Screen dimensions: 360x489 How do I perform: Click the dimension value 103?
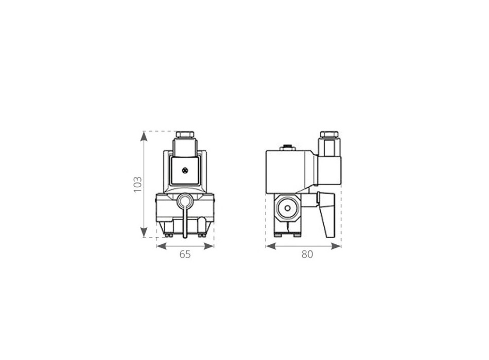click(x=137, y=184)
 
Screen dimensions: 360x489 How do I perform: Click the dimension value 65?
click(x=185, y=254)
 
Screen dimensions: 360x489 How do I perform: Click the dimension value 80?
click(x=307, y=254)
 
